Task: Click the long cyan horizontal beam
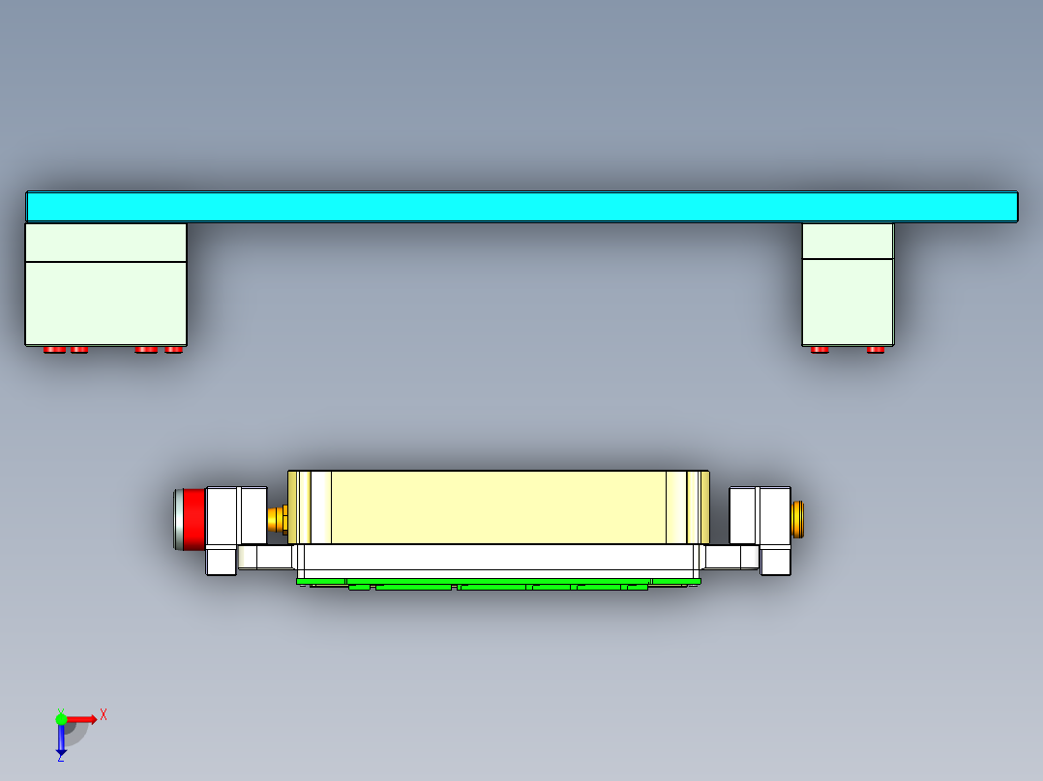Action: coord(521,206)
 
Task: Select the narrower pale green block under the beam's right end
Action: coord(848,300)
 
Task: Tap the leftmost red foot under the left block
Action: coord(54,349)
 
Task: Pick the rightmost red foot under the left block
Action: coord(174,349)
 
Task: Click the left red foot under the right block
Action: coord(819,349)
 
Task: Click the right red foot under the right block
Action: coord(876,349)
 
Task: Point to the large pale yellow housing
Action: coord(498,506)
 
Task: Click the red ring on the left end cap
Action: coord(194,519)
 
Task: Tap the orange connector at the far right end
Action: coord(798,519)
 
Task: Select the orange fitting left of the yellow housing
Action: coord(278,519)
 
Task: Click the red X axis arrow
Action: coord(82,718)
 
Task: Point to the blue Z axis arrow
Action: coord(61,740)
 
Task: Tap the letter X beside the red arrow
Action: coord(104,715)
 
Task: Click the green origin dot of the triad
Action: coord(61,718)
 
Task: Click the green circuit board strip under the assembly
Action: coord(498,584)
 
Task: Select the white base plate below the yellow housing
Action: coord(498,559)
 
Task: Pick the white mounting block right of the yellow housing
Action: coord(760,516)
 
